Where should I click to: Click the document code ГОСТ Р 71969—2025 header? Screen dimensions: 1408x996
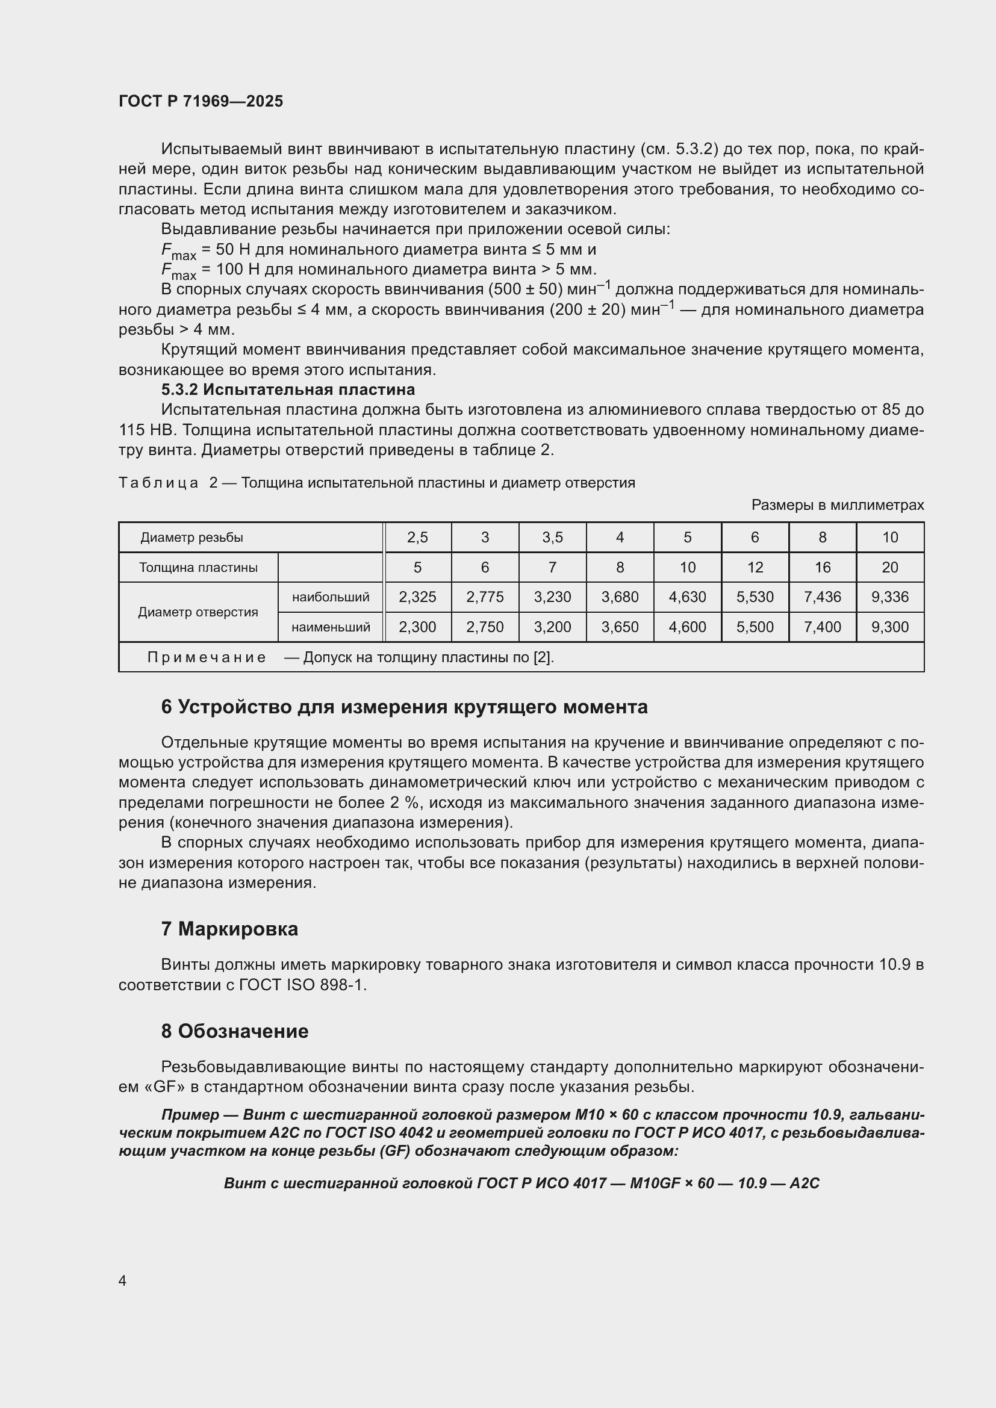(201, 101)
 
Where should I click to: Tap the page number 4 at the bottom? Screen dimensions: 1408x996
(123, 1280)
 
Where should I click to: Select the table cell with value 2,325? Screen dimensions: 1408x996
(417, 597)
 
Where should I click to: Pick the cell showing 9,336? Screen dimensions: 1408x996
(889, 597)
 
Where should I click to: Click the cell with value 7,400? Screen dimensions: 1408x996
(822, 627)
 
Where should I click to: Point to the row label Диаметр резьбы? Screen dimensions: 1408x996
(192, 538)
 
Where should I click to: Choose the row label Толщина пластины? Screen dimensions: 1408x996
(198, 567)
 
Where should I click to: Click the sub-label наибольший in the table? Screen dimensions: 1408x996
(331, 597)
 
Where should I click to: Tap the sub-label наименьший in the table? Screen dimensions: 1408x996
(331, 627)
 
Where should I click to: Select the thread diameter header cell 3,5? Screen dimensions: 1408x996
(552, 538)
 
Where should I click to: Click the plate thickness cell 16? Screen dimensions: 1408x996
(822, 567)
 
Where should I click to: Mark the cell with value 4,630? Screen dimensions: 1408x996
(687, 597)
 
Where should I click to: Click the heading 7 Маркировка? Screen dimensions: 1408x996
(229, 928)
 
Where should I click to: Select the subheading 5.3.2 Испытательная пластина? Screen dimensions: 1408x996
(288, 389)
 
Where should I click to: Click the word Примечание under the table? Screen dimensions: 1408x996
(207, 657)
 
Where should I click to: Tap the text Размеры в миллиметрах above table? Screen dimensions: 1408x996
(837, 504)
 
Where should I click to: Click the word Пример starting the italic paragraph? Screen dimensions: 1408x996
(190, 1114)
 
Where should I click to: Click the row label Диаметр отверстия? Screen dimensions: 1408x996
(198, 612)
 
